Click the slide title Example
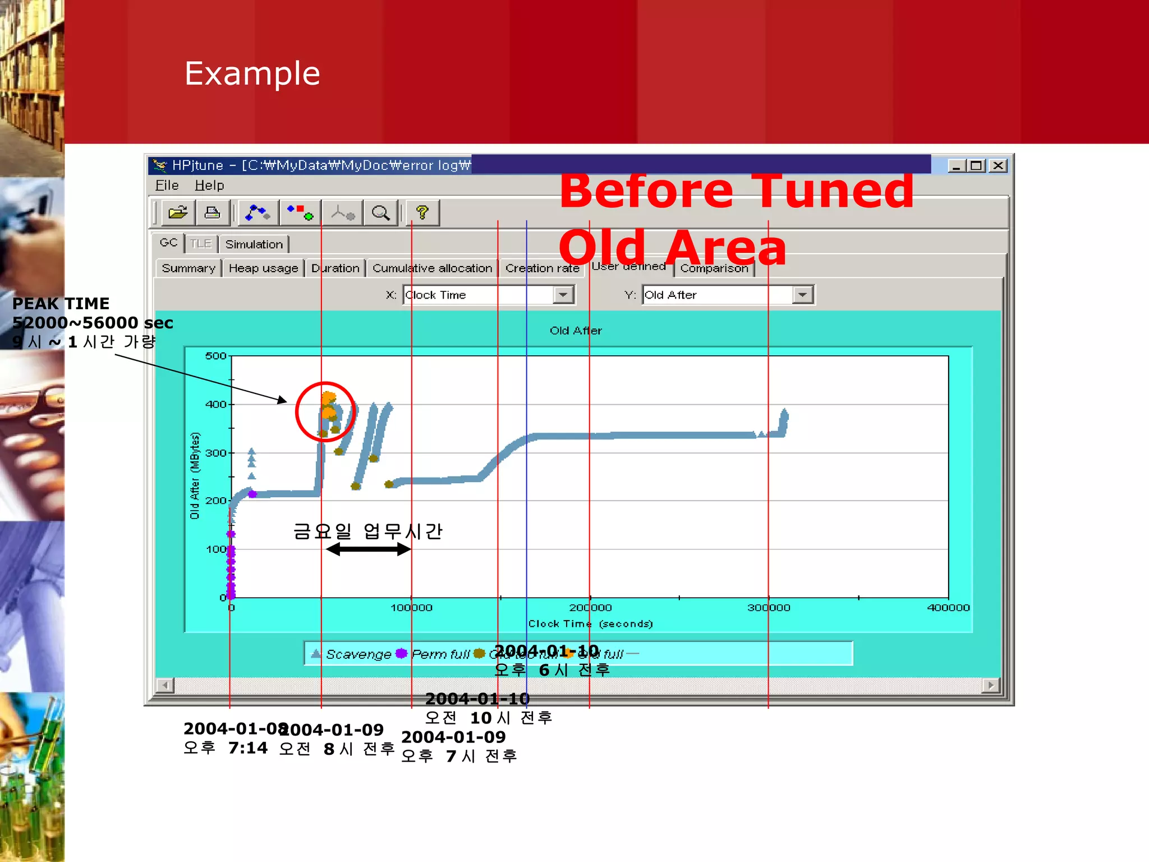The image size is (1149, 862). coord(252,74)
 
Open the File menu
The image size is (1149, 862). coord(167,185)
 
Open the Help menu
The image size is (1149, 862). coord(209,185)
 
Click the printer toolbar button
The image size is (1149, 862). coord(212,213)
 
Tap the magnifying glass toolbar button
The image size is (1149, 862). coord(380,213)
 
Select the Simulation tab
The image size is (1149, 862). coord(254,244)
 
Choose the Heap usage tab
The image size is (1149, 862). coord(263,268)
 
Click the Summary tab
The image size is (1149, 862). coord(189,268)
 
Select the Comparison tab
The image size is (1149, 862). coord(714,268)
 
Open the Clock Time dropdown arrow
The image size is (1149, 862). coord(563,295)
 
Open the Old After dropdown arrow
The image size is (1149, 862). coord(803,295)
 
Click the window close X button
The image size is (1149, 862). coord(998,166)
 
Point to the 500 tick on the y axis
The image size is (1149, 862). coord(215,356)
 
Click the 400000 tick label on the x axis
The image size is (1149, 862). coord(948,608)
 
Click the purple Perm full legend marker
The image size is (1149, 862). coord(401,653)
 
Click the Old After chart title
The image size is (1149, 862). coord(576,331)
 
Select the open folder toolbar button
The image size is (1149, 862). coord(178,213)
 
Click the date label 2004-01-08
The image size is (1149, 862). coord(235,728)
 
